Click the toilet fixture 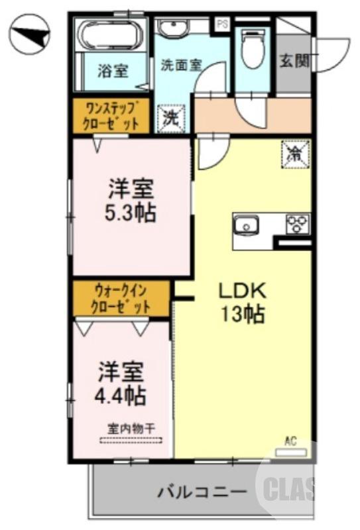pos(252,48)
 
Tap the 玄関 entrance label pos(294,61)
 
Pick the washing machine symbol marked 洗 pos(170,119)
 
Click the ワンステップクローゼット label pos(111,116)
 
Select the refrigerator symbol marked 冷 pos(293,154)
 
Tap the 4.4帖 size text pos(120,396)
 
